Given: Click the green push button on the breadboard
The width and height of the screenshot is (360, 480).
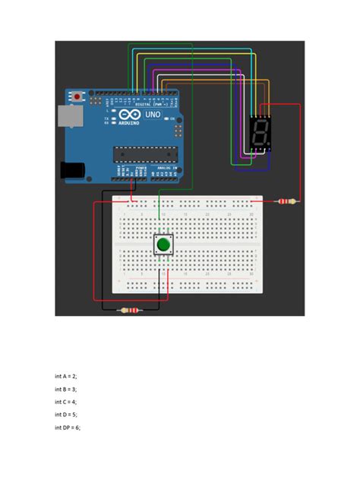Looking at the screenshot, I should point(163,245).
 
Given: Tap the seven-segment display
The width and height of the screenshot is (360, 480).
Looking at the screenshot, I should point(260,133).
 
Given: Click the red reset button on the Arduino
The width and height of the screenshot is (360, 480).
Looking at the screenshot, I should point(77,96).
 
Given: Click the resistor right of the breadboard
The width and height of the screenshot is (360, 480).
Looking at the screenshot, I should point(286,201).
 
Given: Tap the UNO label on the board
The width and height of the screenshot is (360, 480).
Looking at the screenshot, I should point(153,115).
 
